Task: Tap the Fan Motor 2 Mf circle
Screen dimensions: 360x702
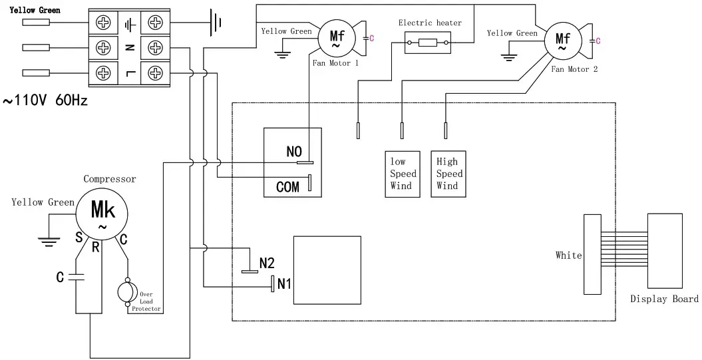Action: (x=562, y=42)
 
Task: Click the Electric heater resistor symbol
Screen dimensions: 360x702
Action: (x=426, y=45)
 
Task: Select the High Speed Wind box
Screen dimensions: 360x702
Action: (x=447, y=174)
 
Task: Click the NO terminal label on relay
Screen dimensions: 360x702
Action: (x=293, y=152)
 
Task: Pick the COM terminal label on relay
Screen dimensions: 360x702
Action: (x=287, y=187)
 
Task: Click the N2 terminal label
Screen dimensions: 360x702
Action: (x=267, y=263)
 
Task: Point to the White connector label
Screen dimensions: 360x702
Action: (x=568, y=256)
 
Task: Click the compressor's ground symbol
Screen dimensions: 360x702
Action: (x=47, y=241)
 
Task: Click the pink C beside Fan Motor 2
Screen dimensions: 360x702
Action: (x=598, y=41)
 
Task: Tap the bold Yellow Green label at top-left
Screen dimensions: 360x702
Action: (x=35, y=10)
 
